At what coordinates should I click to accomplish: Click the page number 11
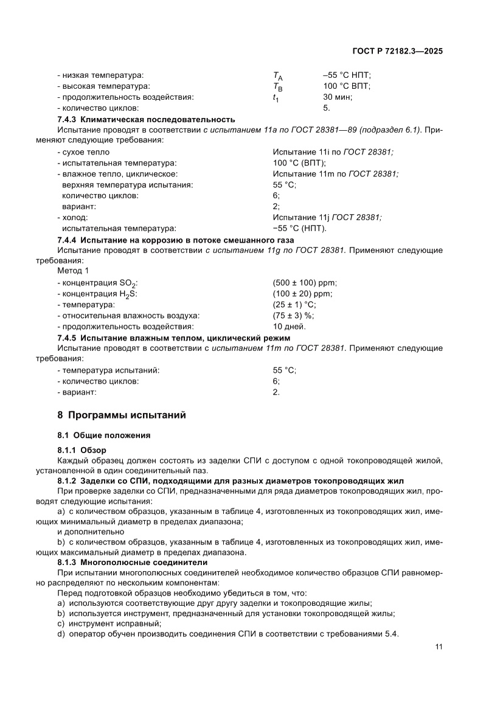click(x=439, y=647)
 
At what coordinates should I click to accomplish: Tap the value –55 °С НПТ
click(x=347, y=75)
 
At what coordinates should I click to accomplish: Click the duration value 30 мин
click(x=338, y=97)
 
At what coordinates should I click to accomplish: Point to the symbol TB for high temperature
click(x=278, y=87)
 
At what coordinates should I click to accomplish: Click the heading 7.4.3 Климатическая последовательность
click(x=145, y=119)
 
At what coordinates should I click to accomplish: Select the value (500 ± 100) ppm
click(x=305, y=283)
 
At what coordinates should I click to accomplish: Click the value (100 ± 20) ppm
click(x=302, y=294)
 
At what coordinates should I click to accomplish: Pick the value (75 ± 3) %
click(x=293, y=316)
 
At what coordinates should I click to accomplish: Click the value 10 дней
click(x=289, y=327)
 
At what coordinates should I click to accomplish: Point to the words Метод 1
click(x=72, y=272)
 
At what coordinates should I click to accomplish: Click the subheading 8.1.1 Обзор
click(x=82, y=450)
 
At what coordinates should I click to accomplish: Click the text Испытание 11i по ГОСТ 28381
click(x=337, y=152)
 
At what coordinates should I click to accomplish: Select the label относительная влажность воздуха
click(x=128, y=316)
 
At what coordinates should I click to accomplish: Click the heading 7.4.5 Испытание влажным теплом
click(x=173, y=338)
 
